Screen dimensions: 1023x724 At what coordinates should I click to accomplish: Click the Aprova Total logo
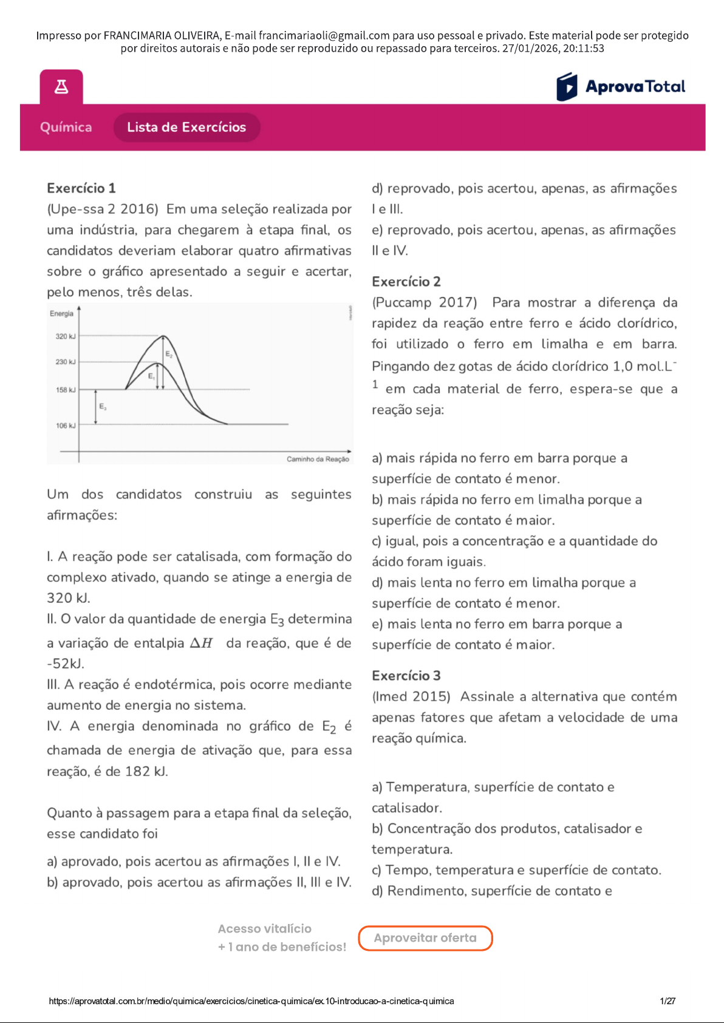(621, 87)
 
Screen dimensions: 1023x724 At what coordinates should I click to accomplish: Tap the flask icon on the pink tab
(61, 87)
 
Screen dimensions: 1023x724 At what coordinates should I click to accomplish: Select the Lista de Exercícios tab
(186, 127)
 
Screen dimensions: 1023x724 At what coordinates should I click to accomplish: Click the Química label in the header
(66, 127)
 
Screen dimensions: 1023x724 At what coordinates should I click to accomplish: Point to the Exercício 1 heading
(81, 188)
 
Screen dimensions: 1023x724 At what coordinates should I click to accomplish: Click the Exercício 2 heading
(406, 282)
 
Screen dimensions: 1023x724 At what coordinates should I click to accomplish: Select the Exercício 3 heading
(406, 676)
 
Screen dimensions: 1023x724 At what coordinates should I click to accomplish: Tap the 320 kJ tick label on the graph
(66, 336)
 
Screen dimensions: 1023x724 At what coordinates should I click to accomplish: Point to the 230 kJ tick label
(66, 362)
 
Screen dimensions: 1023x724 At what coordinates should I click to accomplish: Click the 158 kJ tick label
(66, 390)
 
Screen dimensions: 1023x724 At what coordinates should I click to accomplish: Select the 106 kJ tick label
(66, 426)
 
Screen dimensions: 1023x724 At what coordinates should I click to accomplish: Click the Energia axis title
(61, 314)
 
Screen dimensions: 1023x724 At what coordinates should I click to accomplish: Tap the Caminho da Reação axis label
(318, 460)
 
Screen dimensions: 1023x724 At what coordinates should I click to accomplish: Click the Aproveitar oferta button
(425, 938)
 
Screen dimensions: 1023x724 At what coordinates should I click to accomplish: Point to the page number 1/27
(668, 1001)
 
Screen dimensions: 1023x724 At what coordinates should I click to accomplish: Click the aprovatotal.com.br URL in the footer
(251, 1001)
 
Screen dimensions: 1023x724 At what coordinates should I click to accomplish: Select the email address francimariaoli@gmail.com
(324, 36)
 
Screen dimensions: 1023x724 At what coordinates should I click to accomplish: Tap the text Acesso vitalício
(265, 929)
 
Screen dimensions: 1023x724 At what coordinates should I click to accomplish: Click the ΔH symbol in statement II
(202, 643)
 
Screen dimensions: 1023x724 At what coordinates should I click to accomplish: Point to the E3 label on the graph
(103, 406)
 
